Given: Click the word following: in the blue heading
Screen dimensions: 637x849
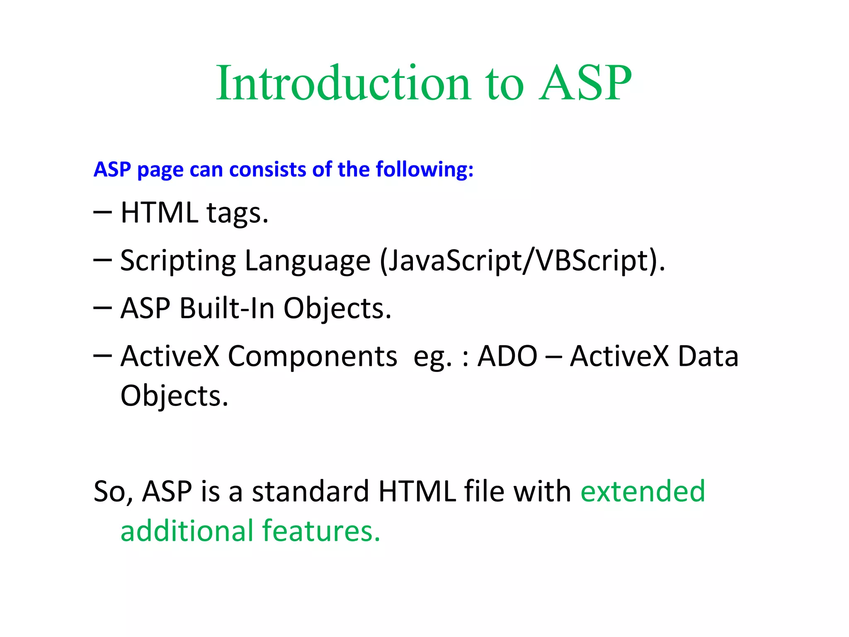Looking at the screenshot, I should click(424, 170).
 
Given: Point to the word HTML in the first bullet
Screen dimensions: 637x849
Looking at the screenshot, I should click(159, 213).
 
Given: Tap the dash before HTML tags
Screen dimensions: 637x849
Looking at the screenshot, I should click(102, 213).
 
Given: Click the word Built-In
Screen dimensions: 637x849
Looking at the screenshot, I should click(227, 309).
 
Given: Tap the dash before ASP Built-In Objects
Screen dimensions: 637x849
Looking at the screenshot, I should click(102, 309).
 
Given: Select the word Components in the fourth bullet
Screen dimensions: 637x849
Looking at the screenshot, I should click(312, 357).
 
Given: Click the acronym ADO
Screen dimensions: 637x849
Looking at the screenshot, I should click(507, 356).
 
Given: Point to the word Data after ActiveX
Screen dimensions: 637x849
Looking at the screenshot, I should click(708, 356).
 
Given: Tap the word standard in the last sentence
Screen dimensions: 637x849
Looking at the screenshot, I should click(310, 491).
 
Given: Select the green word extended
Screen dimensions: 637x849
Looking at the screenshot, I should click(643, 491).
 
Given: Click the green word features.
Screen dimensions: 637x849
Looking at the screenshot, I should click(321, 531).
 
